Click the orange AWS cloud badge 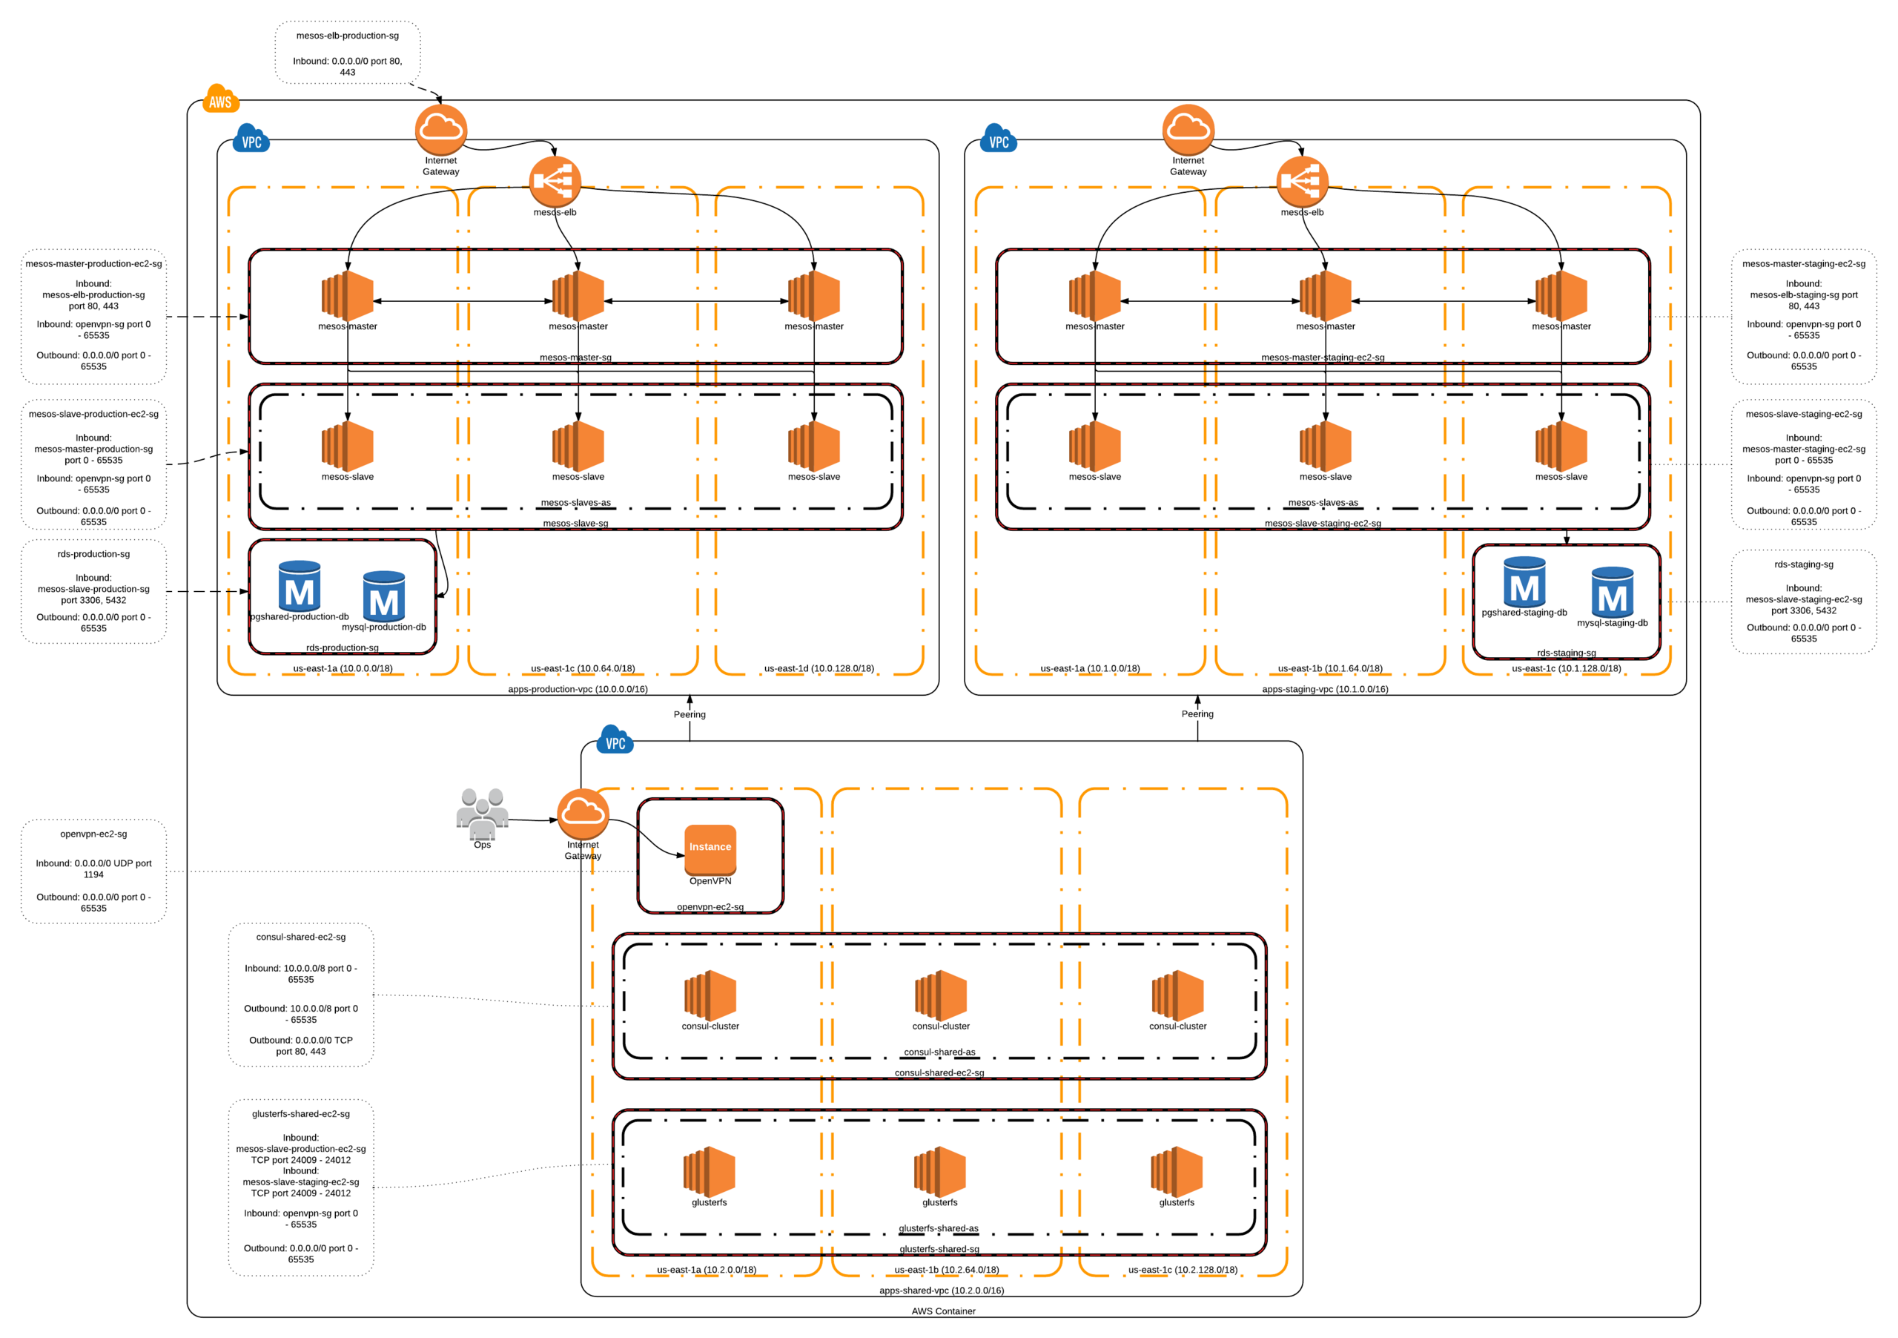coord(220,99)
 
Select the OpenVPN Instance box coord(710,849)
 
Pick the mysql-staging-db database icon coord(1612,592)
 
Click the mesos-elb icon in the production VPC coord(555,181)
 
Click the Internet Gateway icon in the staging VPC coord(1188,130)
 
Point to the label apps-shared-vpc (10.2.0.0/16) coord(942,1290)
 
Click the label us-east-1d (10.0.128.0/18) coord(819,668)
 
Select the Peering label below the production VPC coord(690,714)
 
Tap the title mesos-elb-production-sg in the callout coord(347,36)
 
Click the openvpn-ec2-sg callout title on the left coord(93,834)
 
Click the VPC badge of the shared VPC coord(615,741)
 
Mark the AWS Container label coord(943,1311)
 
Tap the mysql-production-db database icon coord(383,596)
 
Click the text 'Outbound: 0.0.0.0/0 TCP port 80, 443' coord(301,1045)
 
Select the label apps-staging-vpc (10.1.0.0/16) coord(1325,689)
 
